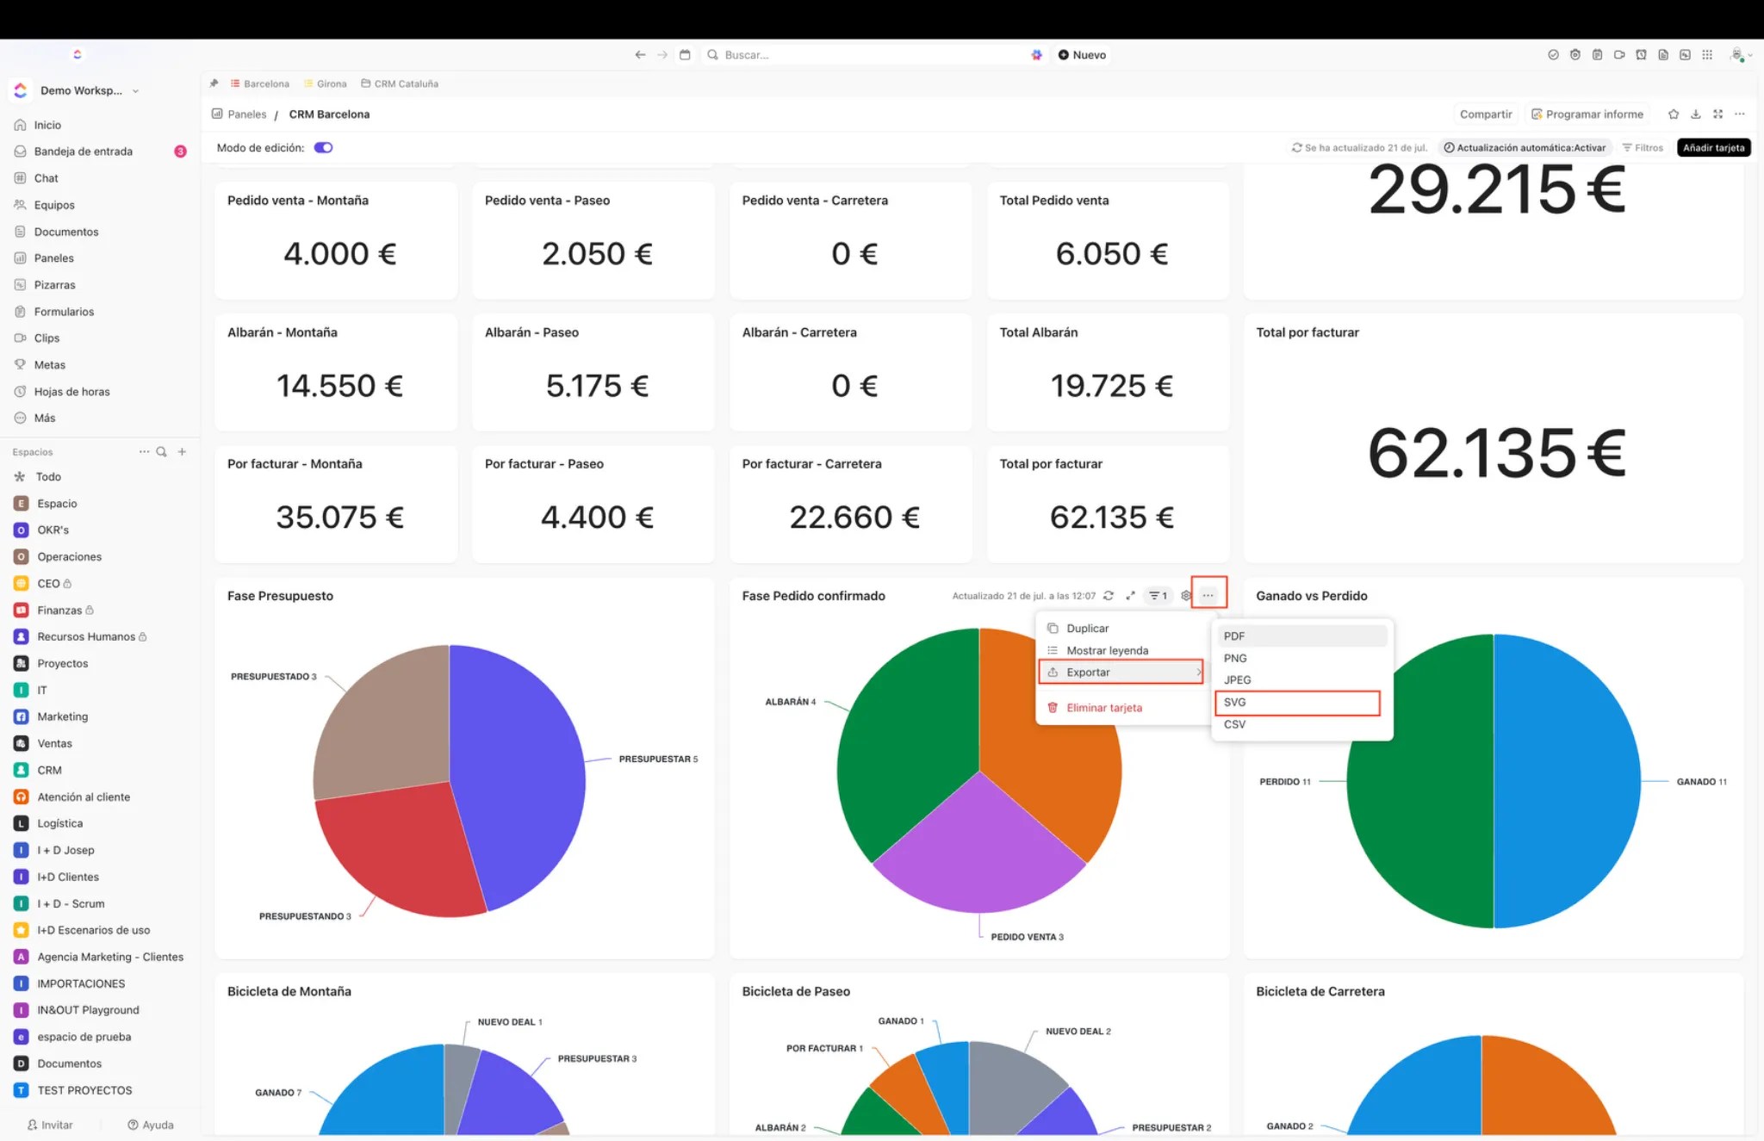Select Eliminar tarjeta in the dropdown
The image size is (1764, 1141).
[x=1103, y=708]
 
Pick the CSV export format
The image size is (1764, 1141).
[x=1234, y=724]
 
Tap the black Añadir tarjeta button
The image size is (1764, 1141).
[x=1713, y=148]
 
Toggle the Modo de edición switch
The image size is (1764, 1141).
[x=323, y=148]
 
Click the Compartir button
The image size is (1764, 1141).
[x=1485, y=115]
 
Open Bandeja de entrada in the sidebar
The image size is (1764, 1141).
[x=84, y=152]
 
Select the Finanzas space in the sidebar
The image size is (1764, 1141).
[x=59, y=611]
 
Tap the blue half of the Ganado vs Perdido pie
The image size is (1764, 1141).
[x=1568, y=781]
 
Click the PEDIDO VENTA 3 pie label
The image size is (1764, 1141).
[x=1027, y=937]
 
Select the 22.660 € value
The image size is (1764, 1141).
[x=854, y=518]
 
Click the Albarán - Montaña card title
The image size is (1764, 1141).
[x=283, y=332]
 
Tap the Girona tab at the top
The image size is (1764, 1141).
[x=331, y=84]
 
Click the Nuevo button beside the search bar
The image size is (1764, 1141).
[x=1082, y=55]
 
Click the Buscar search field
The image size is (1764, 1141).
[x=861, y=55]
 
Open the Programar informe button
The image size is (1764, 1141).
[x=1587, y=115]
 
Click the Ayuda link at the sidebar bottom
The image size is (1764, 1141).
[x=151, y=1125]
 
